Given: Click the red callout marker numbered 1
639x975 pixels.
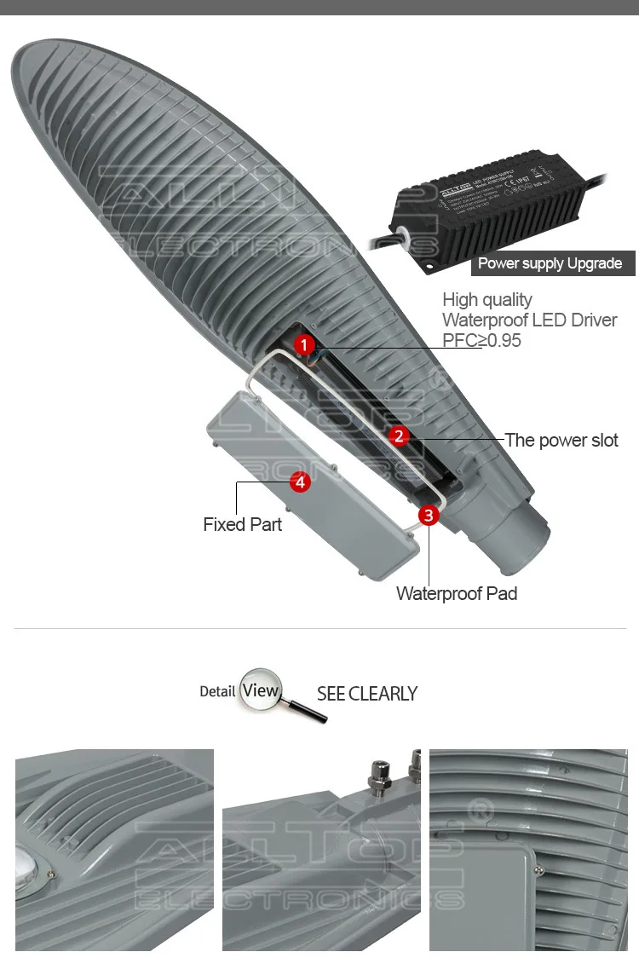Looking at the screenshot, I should [x=305, y=344].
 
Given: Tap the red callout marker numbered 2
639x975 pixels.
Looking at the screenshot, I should [x=399, y=436].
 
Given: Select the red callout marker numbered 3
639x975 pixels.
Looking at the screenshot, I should [x=429, y=515].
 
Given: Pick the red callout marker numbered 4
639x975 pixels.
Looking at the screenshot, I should [x=299, y=482].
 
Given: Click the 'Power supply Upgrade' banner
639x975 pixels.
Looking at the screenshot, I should [x=550, y=263].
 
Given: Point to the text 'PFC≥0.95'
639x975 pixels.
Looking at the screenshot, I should [x=481, y=340].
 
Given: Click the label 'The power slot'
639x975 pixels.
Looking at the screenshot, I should [x=561, y=440].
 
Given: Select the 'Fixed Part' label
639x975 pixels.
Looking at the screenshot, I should [x=242, y=524].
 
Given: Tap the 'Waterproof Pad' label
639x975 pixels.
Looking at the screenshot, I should [x=457, y=593].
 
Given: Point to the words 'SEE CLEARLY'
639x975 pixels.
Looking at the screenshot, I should [x=367, y=694].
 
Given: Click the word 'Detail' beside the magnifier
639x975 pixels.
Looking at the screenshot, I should [x=217, y=691].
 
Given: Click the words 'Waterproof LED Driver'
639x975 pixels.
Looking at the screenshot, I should [x=529, y=320].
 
